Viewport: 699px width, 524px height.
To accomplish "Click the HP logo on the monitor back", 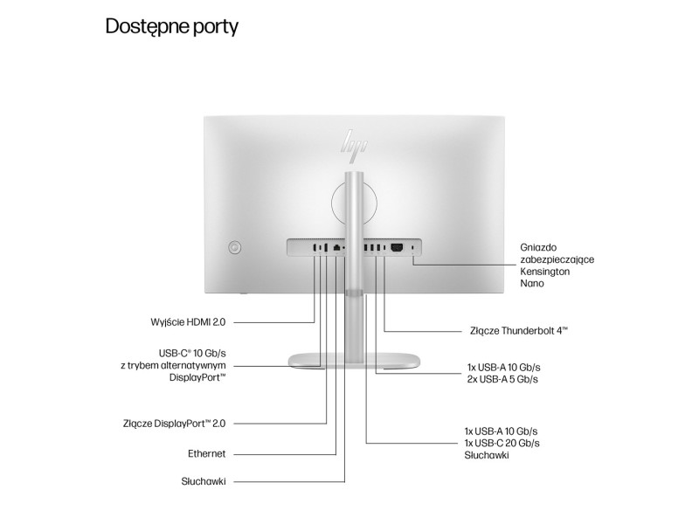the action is pos(355,142).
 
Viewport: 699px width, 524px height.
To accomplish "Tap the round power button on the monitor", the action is pos(235,247).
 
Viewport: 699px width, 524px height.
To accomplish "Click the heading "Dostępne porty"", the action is pos(171,26).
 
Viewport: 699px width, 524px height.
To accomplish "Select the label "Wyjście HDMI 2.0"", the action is pos(188,321).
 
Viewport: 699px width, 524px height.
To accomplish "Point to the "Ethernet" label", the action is pos(207,453).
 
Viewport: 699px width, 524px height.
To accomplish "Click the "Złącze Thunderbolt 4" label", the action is pos(519,331).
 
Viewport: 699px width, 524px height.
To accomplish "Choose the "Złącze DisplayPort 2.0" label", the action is pos(174,424).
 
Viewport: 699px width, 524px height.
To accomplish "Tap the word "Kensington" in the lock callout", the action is pos(544,272).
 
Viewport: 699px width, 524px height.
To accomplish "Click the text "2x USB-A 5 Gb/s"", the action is pos(502,379).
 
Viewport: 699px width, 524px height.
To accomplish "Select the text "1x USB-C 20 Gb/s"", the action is pos(502,443).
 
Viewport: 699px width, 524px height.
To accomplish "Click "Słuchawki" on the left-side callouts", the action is pos(204,481).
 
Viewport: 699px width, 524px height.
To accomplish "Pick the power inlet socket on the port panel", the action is pos(397,247).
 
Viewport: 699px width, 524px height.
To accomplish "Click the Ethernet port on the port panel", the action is pos(337,247).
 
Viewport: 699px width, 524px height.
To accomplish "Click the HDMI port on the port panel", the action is pos(315,247).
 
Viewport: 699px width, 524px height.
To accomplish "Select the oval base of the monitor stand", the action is pos(354,360).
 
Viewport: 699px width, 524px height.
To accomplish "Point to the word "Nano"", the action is pos(532,283).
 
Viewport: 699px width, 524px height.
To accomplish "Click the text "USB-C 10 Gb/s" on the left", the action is pos(192,354).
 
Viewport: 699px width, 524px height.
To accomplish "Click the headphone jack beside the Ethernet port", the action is pos(344,247).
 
